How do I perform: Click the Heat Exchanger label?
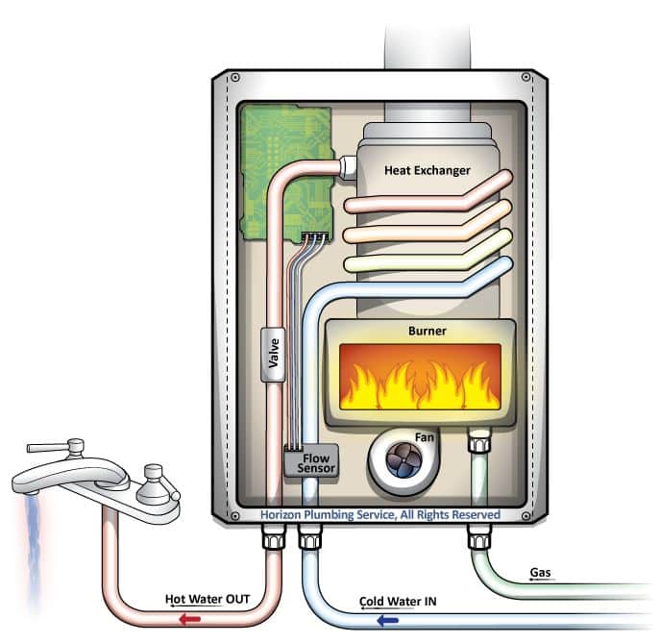click(428, 170)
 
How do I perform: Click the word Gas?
click(541, 574)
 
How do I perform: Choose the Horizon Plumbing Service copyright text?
click(380, 515)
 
